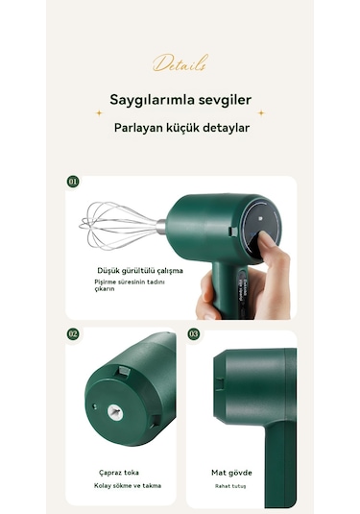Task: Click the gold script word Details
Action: coord(180,65)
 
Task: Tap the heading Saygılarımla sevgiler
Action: coord(180,100)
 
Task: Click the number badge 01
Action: coord(73,181)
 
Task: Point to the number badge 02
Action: coord(73,334)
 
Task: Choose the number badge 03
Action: coord(194,334)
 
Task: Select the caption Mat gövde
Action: coord(232,473)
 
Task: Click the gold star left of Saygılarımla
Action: coord(98,112)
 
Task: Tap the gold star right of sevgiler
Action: coord(261,112)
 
